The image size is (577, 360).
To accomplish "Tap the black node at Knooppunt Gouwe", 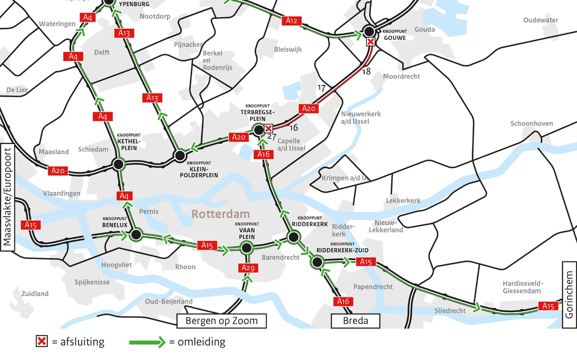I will point(369,31).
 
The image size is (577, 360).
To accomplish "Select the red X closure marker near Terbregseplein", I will point(268,129).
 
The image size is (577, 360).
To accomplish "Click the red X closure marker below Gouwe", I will point(370,42).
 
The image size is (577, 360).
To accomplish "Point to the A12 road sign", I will point(292,20).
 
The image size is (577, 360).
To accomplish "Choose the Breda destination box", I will point(356,321).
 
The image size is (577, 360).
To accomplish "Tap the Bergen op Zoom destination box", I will point(222,321).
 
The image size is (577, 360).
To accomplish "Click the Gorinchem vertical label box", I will point(569,295).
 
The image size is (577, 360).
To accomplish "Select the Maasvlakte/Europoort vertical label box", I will point(7,196).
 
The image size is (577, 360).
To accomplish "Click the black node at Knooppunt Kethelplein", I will point(118,164).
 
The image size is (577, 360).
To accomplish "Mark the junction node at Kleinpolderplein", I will point(180,156).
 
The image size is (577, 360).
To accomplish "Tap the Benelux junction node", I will point(136,235).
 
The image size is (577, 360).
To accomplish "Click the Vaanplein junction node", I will point(246,247).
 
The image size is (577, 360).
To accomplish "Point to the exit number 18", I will point(366,71).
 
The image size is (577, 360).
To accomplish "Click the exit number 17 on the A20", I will point(321,88).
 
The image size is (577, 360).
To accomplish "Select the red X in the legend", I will point(41,342).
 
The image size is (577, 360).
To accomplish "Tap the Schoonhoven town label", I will point(531,123).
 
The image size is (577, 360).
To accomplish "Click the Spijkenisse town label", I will point(92,282).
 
